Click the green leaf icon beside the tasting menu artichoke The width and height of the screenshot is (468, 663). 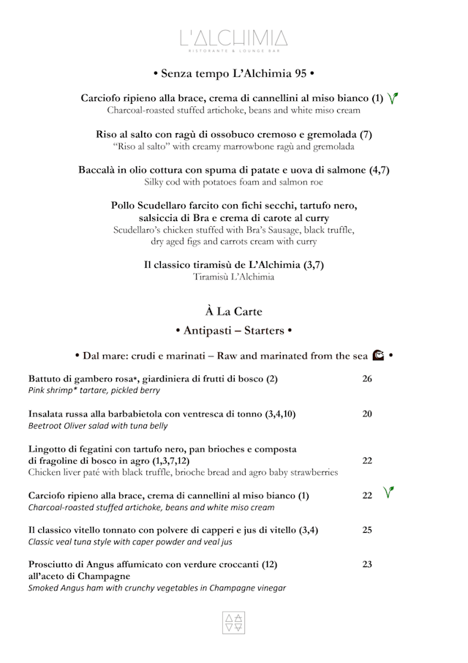393,98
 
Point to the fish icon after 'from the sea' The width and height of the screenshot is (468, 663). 378,356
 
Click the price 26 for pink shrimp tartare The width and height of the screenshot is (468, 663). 367,379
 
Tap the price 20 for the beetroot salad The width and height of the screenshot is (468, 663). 367,414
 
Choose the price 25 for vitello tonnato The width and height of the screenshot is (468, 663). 367,530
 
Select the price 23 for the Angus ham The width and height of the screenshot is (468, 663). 367,564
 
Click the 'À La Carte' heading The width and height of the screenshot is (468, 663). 233,311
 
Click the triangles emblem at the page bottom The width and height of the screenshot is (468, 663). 233,622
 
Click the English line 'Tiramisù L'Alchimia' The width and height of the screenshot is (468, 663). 233,277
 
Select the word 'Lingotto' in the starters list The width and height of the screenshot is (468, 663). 51,449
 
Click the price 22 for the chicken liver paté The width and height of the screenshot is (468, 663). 367,460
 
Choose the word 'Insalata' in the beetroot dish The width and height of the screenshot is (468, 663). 50,414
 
